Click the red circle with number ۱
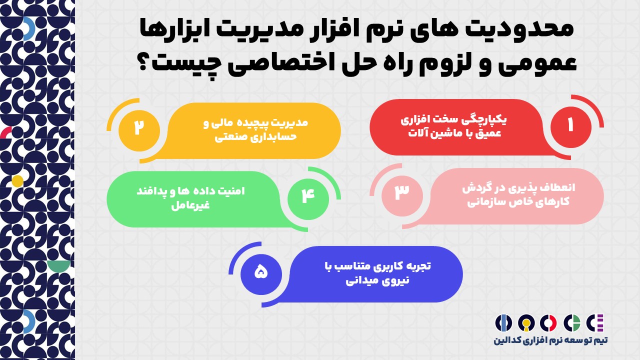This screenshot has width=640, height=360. (571, 127)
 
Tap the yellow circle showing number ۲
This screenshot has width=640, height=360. (139, 130)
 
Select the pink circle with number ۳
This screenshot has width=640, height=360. (402, 196)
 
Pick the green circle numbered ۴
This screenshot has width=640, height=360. (308, 199)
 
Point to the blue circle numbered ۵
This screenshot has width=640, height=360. (261, 274)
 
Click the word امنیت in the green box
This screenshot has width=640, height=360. (231, 191)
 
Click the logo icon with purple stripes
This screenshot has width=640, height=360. (595, 322)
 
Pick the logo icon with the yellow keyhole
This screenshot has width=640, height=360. (526, 323)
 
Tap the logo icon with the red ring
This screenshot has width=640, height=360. (548, 323)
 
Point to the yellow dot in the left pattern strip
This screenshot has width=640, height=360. (17, 181)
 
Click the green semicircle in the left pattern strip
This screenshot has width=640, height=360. (58, 265)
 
